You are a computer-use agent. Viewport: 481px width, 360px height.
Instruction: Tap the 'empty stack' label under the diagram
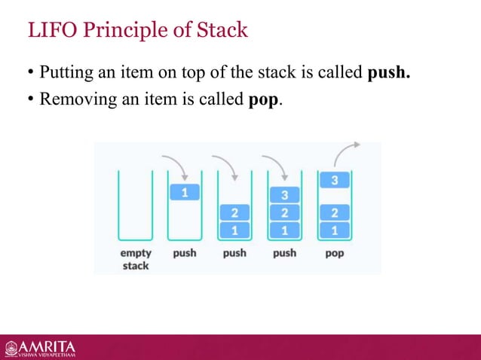click(x=135, y=259)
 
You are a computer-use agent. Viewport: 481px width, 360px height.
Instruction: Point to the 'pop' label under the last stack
click(x=334, y=253)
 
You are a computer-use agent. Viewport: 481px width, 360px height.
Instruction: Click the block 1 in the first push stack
click(x=185, y=193)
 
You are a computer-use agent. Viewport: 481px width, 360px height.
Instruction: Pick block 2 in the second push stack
click(x=234, y=212)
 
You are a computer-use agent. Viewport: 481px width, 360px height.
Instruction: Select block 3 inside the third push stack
click(x=284, y=196)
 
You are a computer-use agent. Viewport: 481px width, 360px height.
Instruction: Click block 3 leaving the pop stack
click(x=334, y=180)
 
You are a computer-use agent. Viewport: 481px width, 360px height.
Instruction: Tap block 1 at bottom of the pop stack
click(x=334, y=229)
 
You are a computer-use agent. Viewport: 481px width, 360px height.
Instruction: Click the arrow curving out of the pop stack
click(x=346, y=151)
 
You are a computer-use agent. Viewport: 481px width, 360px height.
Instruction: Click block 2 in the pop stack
click(x=334, y=212)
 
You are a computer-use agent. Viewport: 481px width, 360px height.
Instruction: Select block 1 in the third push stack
click(x=284, y=229)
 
